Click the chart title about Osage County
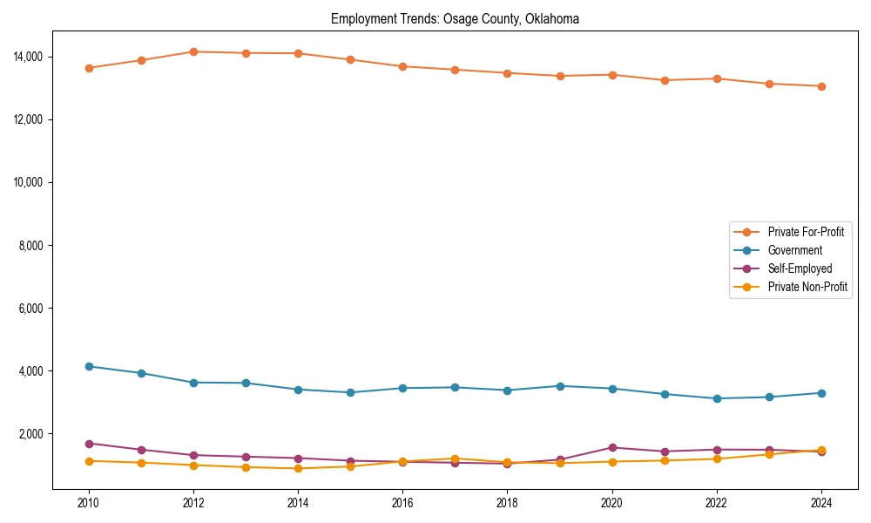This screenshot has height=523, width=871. [455, 19]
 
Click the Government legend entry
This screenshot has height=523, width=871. [794, 250]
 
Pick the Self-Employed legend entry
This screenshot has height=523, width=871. [800, 268]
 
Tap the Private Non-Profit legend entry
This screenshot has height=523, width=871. [807, 287]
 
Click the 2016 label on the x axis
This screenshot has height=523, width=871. [402, 503]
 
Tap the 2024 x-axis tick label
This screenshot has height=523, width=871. [821, 503]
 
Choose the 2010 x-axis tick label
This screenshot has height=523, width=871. [88, 503]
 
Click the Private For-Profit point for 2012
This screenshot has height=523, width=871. [193, 51]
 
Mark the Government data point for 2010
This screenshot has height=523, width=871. [88, 366]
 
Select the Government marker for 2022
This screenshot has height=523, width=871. [717, 398]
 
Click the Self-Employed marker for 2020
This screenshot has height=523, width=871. [612, 447]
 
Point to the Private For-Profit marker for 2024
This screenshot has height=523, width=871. [821, 86]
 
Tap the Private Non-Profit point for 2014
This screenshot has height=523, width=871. [298, 468]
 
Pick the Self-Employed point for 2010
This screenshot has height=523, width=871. [88, 444]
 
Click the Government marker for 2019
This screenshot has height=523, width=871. [560, 386]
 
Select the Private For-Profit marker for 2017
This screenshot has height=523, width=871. [455, 70]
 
